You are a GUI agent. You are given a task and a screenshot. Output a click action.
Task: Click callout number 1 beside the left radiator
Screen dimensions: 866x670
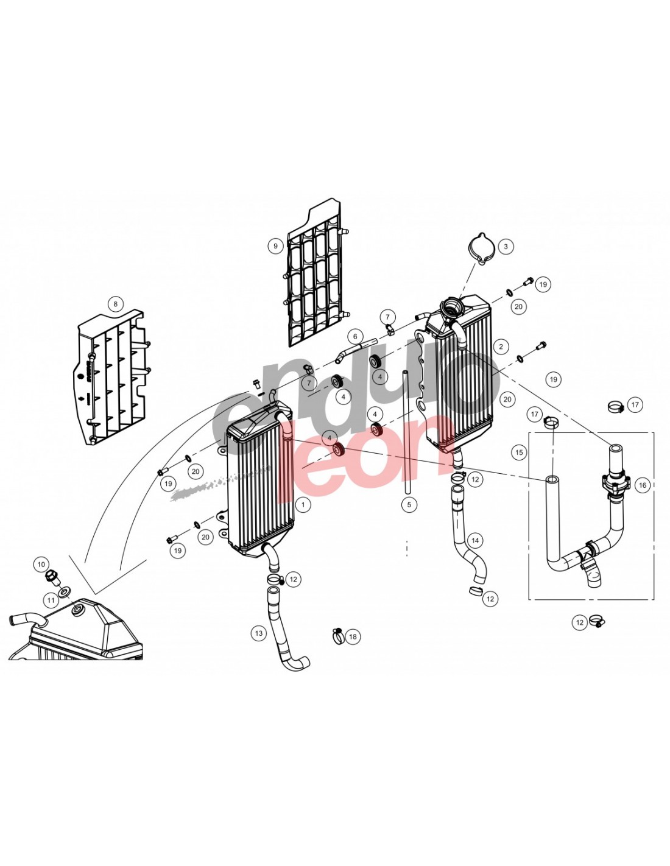coord(302,504)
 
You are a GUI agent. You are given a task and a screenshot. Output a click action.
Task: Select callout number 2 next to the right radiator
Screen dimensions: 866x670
coord(501,347)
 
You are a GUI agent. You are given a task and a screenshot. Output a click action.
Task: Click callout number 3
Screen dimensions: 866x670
coord(505,247)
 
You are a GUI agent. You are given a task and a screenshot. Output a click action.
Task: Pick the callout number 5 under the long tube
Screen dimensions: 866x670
coord(409,504)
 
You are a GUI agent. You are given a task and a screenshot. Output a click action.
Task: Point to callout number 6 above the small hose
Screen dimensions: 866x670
coord(355,336)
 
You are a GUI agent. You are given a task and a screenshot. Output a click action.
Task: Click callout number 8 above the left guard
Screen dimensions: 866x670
coord(115,304)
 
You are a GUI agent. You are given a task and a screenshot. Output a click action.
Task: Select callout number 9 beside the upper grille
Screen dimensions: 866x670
coord(275,246)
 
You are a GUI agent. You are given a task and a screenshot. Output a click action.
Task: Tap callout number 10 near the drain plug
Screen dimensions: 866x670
coord(41,564)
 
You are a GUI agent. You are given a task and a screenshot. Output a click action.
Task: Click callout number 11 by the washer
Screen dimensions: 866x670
coord(51,600)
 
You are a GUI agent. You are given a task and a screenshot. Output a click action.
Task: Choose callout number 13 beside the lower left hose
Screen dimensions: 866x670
coord(259,633)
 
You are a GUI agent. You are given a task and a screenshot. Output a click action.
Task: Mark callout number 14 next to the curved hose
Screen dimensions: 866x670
coord(475,540)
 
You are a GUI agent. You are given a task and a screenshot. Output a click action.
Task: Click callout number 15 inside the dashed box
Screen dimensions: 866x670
coord(519,452)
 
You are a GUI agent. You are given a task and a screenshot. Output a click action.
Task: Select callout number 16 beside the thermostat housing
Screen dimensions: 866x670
coord(643,485)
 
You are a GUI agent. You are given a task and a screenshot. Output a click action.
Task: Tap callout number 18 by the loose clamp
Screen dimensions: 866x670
coord(353,637)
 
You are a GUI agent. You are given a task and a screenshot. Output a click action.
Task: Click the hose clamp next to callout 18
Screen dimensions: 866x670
coord(337,635)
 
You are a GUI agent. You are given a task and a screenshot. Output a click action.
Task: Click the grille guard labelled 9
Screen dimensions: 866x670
coord(316,280)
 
